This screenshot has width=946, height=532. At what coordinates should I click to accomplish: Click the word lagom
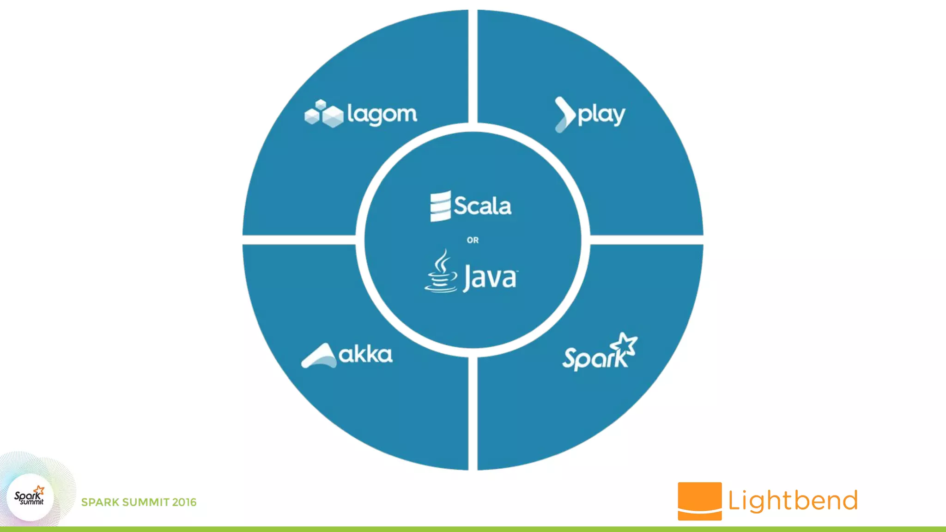coord(382,114)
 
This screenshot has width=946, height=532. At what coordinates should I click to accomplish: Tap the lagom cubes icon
coord(324,113)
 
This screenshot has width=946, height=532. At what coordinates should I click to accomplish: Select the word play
coord(601,115)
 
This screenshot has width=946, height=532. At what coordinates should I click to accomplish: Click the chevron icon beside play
coord(565,115)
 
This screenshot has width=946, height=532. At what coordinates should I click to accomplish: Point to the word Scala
coord(482,206)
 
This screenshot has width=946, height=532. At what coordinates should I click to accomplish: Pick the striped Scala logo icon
coord(440,206)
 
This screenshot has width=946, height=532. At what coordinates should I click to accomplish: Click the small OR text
coord(473,240)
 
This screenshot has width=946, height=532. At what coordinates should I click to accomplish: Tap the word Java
coord(490,277)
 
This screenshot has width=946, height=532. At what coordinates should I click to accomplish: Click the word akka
coord(365,355)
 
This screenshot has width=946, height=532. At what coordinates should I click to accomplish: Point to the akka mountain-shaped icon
coord(319,356)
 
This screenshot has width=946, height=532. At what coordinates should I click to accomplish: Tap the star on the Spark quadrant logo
coord(625,344)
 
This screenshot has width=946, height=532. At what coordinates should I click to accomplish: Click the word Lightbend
coord(793,501)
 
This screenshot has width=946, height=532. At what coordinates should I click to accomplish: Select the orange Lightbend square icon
coord(699,501)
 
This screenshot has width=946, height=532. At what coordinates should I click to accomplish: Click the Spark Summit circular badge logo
coord(30,497)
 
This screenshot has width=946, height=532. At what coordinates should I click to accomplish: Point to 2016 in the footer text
coord(184,502)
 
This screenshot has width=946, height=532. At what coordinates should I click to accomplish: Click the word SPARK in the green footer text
coord(100,502)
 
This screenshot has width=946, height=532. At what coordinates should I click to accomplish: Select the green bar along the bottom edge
coord(473,529)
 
